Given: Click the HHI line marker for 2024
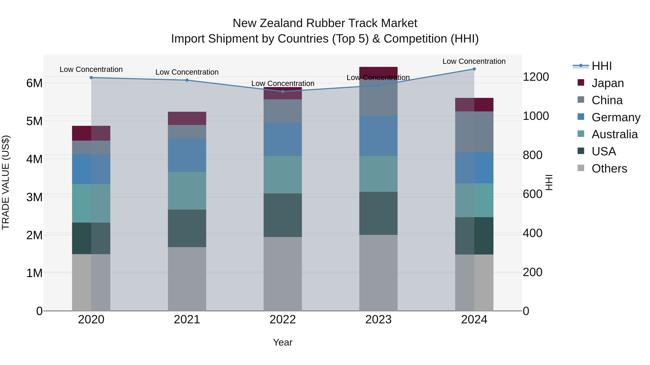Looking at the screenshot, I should [x=474, y=69].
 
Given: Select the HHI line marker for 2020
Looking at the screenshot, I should [x=91, y=78].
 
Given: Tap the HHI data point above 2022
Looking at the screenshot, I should [x=283, y=91].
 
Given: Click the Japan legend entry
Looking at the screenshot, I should [x=607, y=83].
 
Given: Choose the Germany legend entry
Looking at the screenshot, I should [x=616, y=117].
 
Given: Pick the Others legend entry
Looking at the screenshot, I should [x=609, y=169].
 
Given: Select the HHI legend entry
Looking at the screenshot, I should [x=602, y=66].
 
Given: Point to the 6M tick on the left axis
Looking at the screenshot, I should [x=34, y=83].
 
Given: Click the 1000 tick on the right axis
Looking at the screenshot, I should [x=536, y=116].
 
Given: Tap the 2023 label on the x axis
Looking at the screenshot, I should [x=378, y=320].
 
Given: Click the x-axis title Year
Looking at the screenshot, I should [x=283, y=342].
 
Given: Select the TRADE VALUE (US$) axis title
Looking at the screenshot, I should [x=6, y=182].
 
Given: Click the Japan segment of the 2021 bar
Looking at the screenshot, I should [x=187, y=118].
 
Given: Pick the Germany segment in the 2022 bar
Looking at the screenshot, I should [x=283, y=139].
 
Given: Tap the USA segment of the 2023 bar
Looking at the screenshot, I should [x=378, y=213].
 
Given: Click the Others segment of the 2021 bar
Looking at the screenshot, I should [x=187, y=279].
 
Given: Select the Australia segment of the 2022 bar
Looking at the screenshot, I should [x=283, y=174].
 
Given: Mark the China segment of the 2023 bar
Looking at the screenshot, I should [x=378, y=97].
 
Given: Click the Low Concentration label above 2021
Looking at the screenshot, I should [x=187, y=72].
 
